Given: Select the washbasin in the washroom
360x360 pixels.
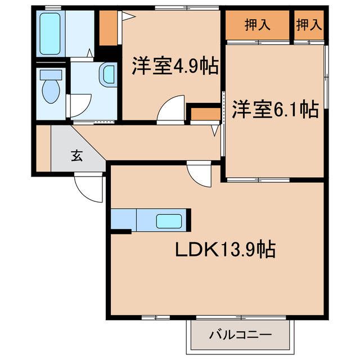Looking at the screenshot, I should [x=109, y=75].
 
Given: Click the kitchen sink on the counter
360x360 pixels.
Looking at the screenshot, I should [x=168, y=221].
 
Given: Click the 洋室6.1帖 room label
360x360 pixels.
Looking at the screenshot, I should [x=275, y=109].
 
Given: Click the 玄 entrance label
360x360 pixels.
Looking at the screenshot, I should [x=77, y=156].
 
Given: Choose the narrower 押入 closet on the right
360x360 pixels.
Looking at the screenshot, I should [x=309, y=25].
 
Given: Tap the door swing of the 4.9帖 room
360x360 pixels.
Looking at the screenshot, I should [x=170, y=109].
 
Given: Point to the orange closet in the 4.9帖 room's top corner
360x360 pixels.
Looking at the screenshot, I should [x=107, y=28].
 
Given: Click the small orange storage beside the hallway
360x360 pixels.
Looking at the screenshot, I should [x=205, y=114].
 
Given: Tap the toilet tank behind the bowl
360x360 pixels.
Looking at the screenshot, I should [x=52, y=74].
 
